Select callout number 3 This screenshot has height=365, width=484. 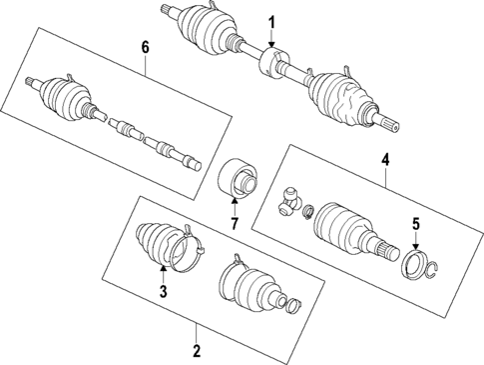pos(162,291)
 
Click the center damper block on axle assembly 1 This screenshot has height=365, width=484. pos(270,65)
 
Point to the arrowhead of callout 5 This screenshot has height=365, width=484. pos(415,245)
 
